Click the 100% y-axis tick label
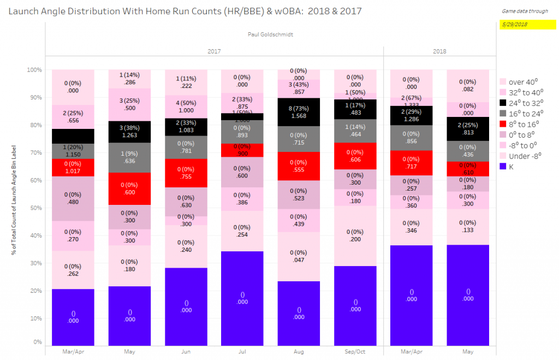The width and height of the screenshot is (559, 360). (x=34, y=70)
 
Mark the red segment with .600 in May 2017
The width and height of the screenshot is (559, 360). (x=129, y=188)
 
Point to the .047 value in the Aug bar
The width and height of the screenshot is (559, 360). (x=299, y=259)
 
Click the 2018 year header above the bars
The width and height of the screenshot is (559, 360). (x=439, y=51)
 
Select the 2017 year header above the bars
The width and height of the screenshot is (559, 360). (x=215, y=51)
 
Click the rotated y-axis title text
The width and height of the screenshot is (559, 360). (x=14, y=207)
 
